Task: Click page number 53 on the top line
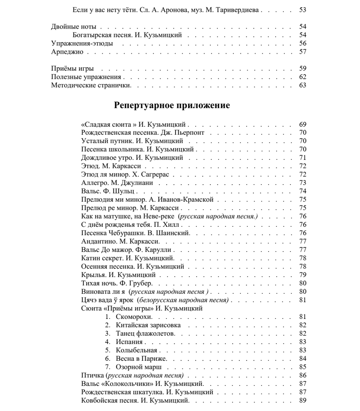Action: (303, 10)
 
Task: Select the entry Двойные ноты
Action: (73, 28)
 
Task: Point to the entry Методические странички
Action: (91, 85)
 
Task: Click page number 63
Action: (303, 85)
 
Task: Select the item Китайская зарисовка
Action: (148, 325)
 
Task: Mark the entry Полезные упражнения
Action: (89, 77)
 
